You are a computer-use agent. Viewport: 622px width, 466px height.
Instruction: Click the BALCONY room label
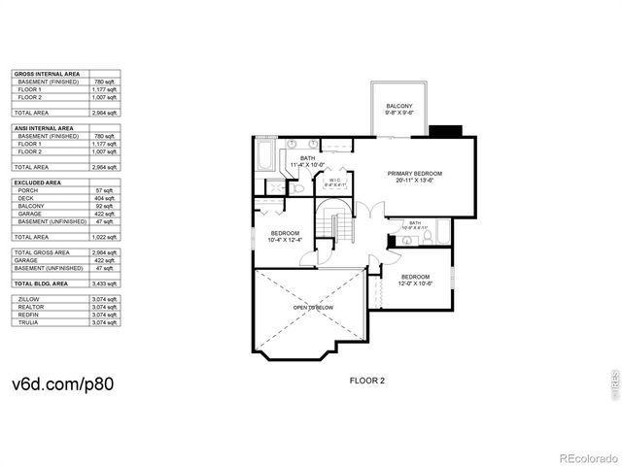coord(399,109)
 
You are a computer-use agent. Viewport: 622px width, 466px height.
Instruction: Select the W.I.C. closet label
coord(333,182)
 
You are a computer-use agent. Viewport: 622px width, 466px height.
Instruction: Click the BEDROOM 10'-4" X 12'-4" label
coord(286,236)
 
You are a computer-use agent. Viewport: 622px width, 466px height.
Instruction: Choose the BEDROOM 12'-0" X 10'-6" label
coord(414,280)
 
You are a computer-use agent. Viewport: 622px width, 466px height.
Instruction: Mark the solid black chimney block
coord(446,131)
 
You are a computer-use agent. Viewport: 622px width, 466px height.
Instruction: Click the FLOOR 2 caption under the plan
coord(367,381)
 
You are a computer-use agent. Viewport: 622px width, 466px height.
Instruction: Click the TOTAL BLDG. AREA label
coord(41,283)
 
